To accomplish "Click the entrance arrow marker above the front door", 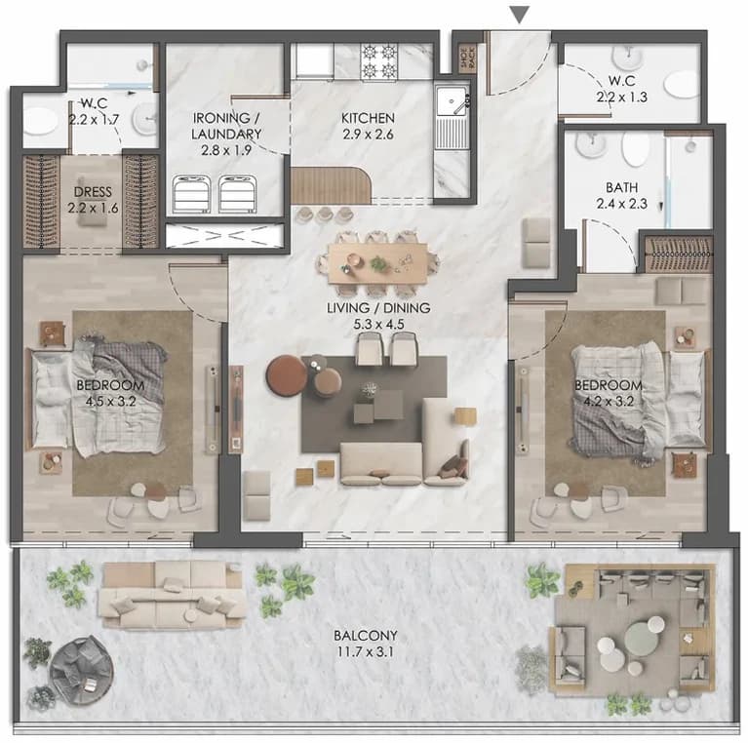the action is (x=520, y=15).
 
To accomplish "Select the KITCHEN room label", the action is (x=368, y=118).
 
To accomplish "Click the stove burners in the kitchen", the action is (x=379, y=60).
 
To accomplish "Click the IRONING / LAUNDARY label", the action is (x=226, y=126).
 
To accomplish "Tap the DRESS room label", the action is (x=93, y=192).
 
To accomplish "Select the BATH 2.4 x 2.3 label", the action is (x=621, y=196).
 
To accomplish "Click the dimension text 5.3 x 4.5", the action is (x=378, y=325).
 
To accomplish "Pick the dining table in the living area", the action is (x=377, y=263).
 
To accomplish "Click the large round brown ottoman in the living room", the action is (x=286, y=375).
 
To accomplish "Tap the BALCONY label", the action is (x=366, y=636).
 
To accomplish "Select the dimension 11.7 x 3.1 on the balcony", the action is (x=366, y=651).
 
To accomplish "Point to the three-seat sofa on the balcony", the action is (x=173, y=596).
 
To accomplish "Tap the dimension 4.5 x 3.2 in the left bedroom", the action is (x=110, y=401).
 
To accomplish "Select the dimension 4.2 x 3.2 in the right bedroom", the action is (x=609, y=401).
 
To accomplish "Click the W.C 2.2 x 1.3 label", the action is (x=621, y=89).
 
